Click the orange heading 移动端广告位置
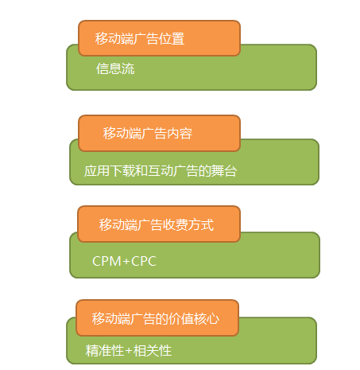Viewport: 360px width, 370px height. tap(140, 38)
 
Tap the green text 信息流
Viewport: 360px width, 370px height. tap(115, 68)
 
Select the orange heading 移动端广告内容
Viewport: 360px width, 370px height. tap(148, 133)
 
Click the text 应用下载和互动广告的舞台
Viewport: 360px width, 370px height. tap(161, 171)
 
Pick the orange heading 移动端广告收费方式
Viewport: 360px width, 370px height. tap(157, 224)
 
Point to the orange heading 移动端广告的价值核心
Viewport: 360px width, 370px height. tap(156, 318)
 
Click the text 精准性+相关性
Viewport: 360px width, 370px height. tap(129, 351)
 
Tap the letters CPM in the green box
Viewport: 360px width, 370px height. tap(106, 261)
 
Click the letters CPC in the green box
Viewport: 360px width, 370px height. tap(144, 261)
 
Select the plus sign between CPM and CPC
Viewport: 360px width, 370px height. tap(126, 262)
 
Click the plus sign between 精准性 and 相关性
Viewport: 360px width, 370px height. tap(129, 351)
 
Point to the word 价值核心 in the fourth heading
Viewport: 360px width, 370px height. tap(194, 318)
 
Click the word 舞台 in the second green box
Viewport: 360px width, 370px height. tap(224, 171)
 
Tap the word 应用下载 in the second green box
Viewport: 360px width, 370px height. tap(110, 171)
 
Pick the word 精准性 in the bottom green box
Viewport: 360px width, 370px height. tap(105, 351)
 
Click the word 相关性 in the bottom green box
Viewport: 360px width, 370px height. tap(153, 351)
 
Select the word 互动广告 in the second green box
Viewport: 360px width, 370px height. tap(173, 171)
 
